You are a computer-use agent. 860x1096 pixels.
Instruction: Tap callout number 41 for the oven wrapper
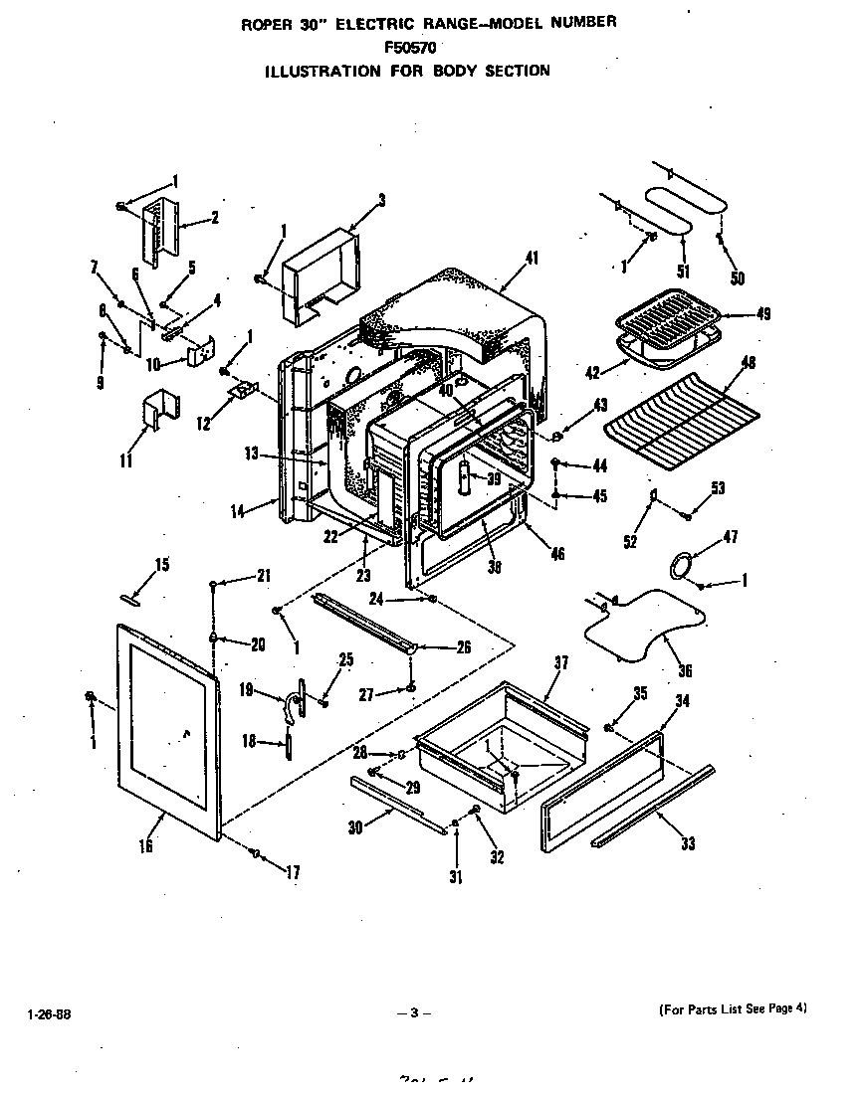pyautogui.click(x=532, y=259)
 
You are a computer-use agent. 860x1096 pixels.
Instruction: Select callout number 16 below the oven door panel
pyautogui.click(x=146, y=846)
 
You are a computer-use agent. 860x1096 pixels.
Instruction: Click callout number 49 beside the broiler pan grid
pyautogui.click(x=763, y=314)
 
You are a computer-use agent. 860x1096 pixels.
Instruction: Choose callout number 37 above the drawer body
pyautogui.click(x=560, y=663)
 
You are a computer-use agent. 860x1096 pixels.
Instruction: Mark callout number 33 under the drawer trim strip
pyautogui.click(x=688, y=843)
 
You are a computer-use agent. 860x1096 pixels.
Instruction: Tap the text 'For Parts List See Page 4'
pyautogui.click(x=733, y=1008)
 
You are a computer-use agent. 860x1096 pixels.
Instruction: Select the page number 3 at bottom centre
pyautogui.click(x=412, y=1013)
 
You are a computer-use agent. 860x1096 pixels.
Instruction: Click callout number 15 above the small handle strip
pyautogui.click(x=161, y=565)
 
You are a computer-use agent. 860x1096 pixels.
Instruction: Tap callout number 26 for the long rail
pyautogui.click(x=463, y=647)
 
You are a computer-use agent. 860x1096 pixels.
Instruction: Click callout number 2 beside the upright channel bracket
pyautogui.click(x=215, y=217)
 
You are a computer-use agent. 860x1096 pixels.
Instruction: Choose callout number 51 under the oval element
pyautogui.click(x=682, y=272)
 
